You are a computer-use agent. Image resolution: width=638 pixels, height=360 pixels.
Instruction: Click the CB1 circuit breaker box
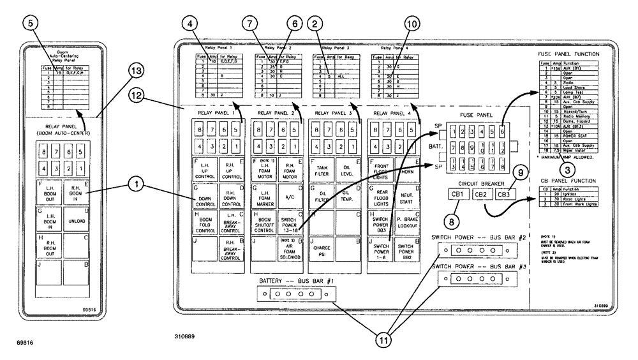[x=458, y=194]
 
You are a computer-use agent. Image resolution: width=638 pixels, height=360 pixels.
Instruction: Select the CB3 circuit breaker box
[x=504, y=194]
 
